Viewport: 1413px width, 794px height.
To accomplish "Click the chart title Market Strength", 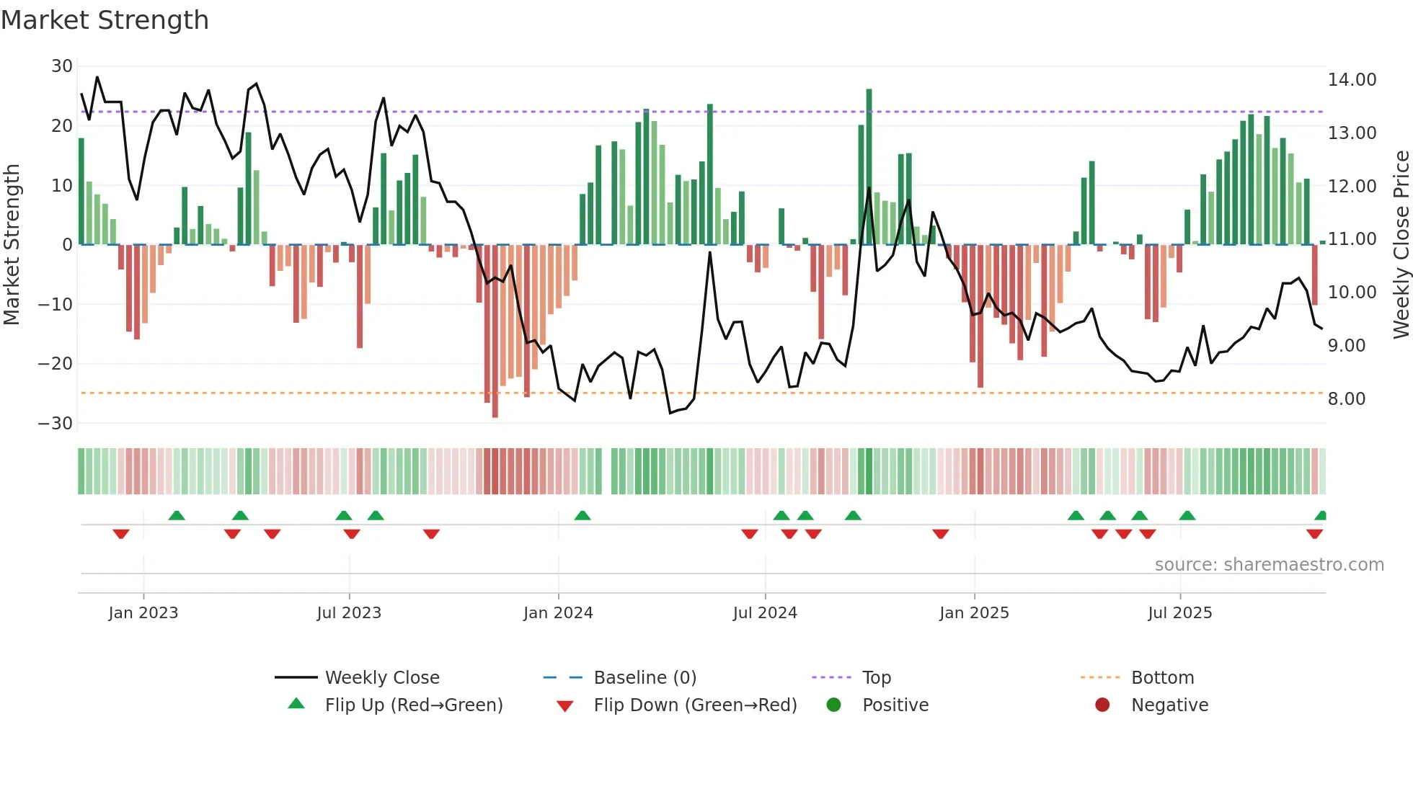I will coord(105,20).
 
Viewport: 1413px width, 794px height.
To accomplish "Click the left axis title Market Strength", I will coord(12,244).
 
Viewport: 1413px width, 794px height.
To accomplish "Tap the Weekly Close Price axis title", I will coord(1401,244).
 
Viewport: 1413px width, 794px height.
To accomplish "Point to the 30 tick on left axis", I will coord(62,66).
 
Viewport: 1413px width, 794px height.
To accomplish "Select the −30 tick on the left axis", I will coord(56,424).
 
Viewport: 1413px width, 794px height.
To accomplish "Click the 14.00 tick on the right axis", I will coord(1352,80).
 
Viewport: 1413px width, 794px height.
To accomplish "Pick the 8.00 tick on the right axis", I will coord(1346,399).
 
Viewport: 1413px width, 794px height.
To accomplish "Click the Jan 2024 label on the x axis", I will coord(558,613).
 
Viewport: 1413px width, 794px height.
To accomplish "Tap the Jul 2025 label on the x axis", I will coord(1179,613).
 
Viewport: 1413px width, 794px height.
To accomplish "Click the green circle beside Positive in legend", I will coord(833,705).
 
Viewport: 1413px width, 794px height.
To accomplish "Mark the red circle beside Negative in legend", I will coord(1102,705).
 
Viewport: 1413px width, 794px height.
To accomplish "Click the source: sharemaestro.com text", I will coord(1269,565).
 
